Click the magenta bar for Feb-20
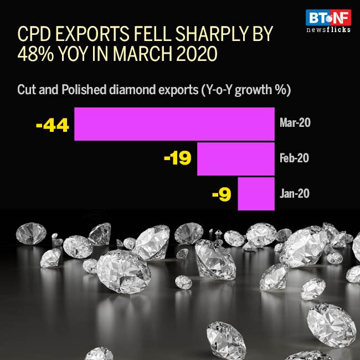[x=236, y=159]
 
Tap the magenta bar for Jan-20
[x=256, y=194]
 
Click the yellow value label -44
[x=52, y=125]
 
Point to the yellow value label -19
[x=178, y=160]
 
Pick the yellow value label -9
[x=222, y=194]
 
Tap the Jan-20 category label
[x=295, y=193]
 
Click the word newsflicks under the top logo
[x=328, y=29]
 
